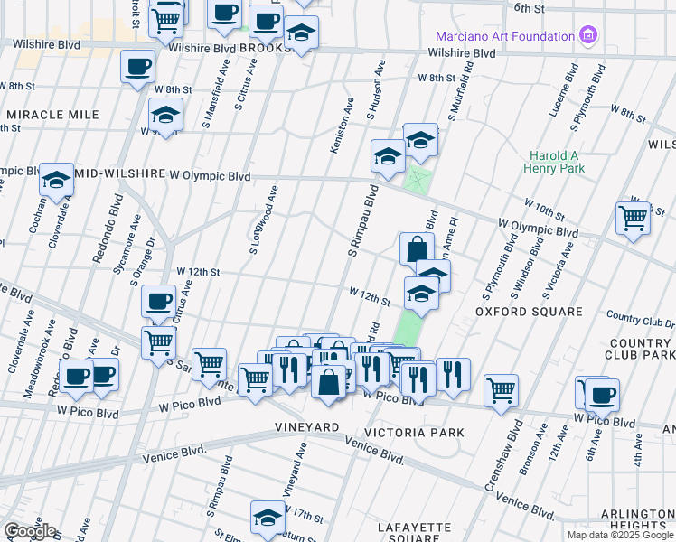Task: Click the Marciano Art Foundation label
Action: (504, 36)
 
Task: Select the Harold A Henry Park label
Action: (556, 161)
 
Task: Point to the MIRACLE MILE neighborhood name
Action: (52, 115)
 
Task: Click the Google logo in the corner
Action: (30, 530)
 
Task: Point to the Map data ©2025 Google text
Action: (619, 535)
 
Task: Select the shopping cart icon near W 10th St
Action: (633, 218)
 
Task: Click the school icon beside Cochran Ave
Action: (56, 181)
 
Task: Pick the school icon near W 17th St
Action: (268, 519)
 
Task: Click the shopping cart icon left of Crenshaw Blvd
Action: (501, 392)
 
